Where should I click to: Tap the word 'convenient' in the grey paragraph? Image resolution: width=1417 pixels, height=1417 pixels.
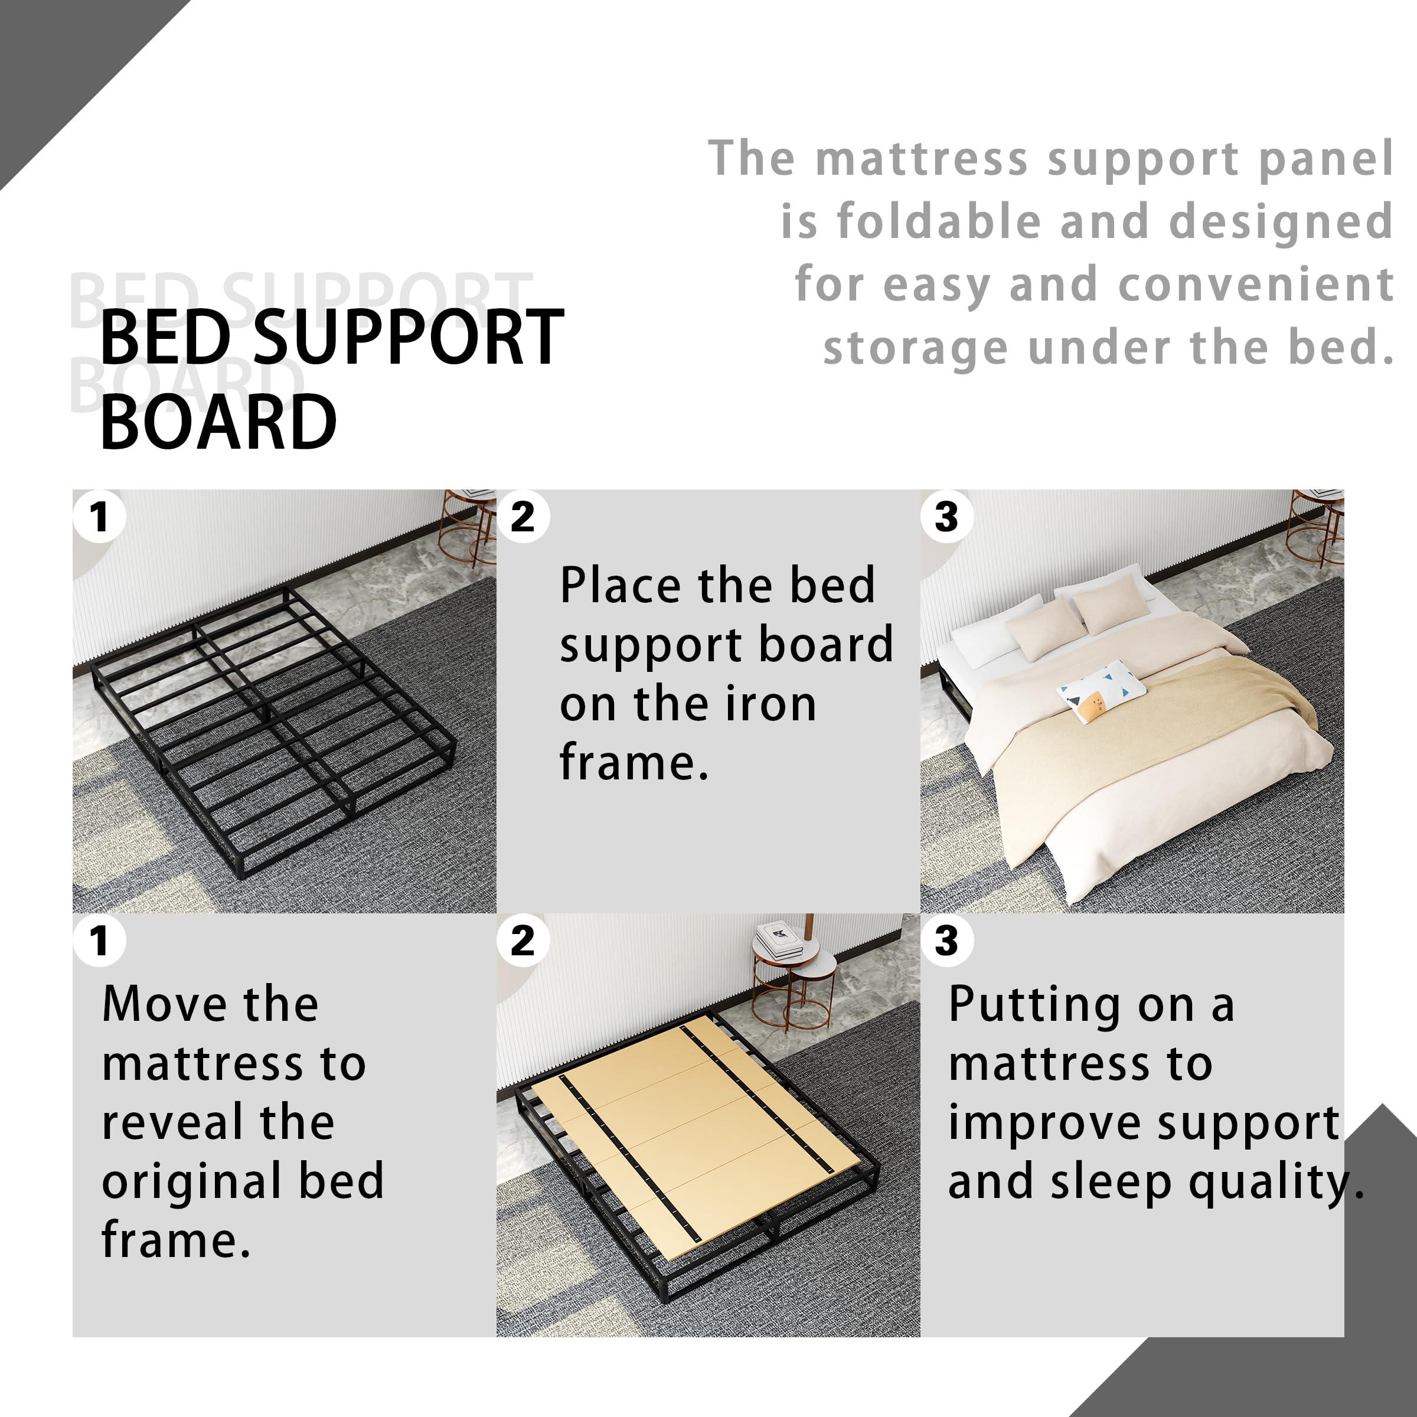tap(1256, 285)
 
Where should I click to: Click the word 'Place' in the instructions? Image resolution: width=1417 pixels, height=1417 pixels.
tap(621, 586)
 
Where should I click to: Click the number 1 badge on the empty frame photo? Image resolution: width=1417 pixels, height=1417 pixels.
tap(100, 517)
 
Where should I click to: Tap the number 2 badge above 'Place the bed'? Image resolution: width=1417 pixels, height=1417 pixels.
tap(523, 517)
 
